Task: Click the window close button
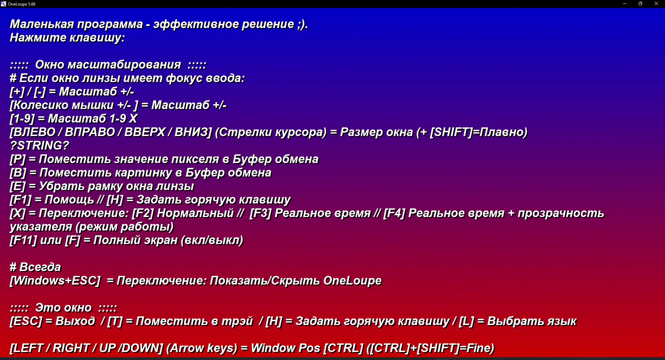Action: tap(656, 4)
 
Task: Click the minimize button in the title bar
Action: tap(624, 4)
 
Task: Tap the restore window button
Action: tap(640, 4)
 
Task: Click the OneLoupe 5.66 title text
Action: tap(22, 4)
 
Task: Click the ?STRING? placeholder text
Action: tap(39, 145)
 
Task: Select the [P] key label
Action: tap(18, 159)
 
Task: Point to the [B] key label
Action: tap(18, 172)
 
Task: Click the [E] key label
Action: tap(18, 186)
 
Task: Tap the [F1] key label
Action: tap(21, 199)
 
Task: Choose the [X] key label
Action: tap(18, 213)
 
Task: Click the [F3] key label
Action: tap(260, 213)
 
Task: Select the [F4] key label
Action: tap(394, 213)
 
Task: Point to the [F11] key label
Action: tap(24, 240)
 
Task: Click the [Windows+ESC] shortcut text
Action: tap(55, 280)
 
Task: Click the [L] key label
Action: tap(467, 321)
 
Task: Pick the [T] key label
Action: tap(115, 321)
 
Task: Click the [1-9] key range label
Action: tap(23, 118)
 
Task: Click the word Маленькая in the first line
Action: tap(42, 24)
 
